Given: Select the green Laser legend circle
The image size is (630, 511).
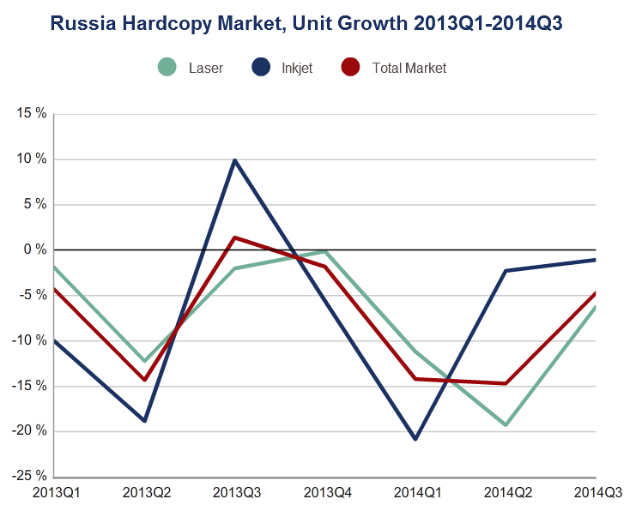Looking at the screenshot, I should pos(167,67).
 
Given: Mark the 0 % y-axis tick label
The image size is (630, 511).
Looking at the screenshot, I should pos(33,249).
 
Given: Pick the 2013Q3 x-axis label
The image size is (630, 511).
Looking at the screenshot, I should pos(235,493).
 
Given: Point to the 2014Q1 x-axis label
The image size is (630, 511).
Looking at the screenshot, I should pos(415,493).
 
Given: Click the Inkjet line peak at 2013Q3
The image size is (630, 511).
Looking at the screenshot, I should pos(234,160).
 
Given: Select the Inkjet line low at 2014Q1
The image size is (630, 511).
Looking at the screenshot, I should pos(415,439).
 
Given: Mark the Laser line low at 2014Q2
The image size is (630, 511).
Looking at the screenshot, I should pos(506,424).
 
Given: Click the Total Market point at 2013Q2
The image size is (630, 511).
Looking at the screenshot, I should pos(144,379).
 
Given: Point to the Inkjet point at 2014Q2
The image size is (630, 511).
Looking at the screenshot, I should pos(506,271).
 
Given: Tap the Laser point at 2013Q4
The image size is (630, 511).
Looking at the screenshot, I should pos(325,251).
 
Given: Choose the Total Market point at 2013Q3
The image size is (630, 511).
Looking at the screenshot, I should pos(234,237).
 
